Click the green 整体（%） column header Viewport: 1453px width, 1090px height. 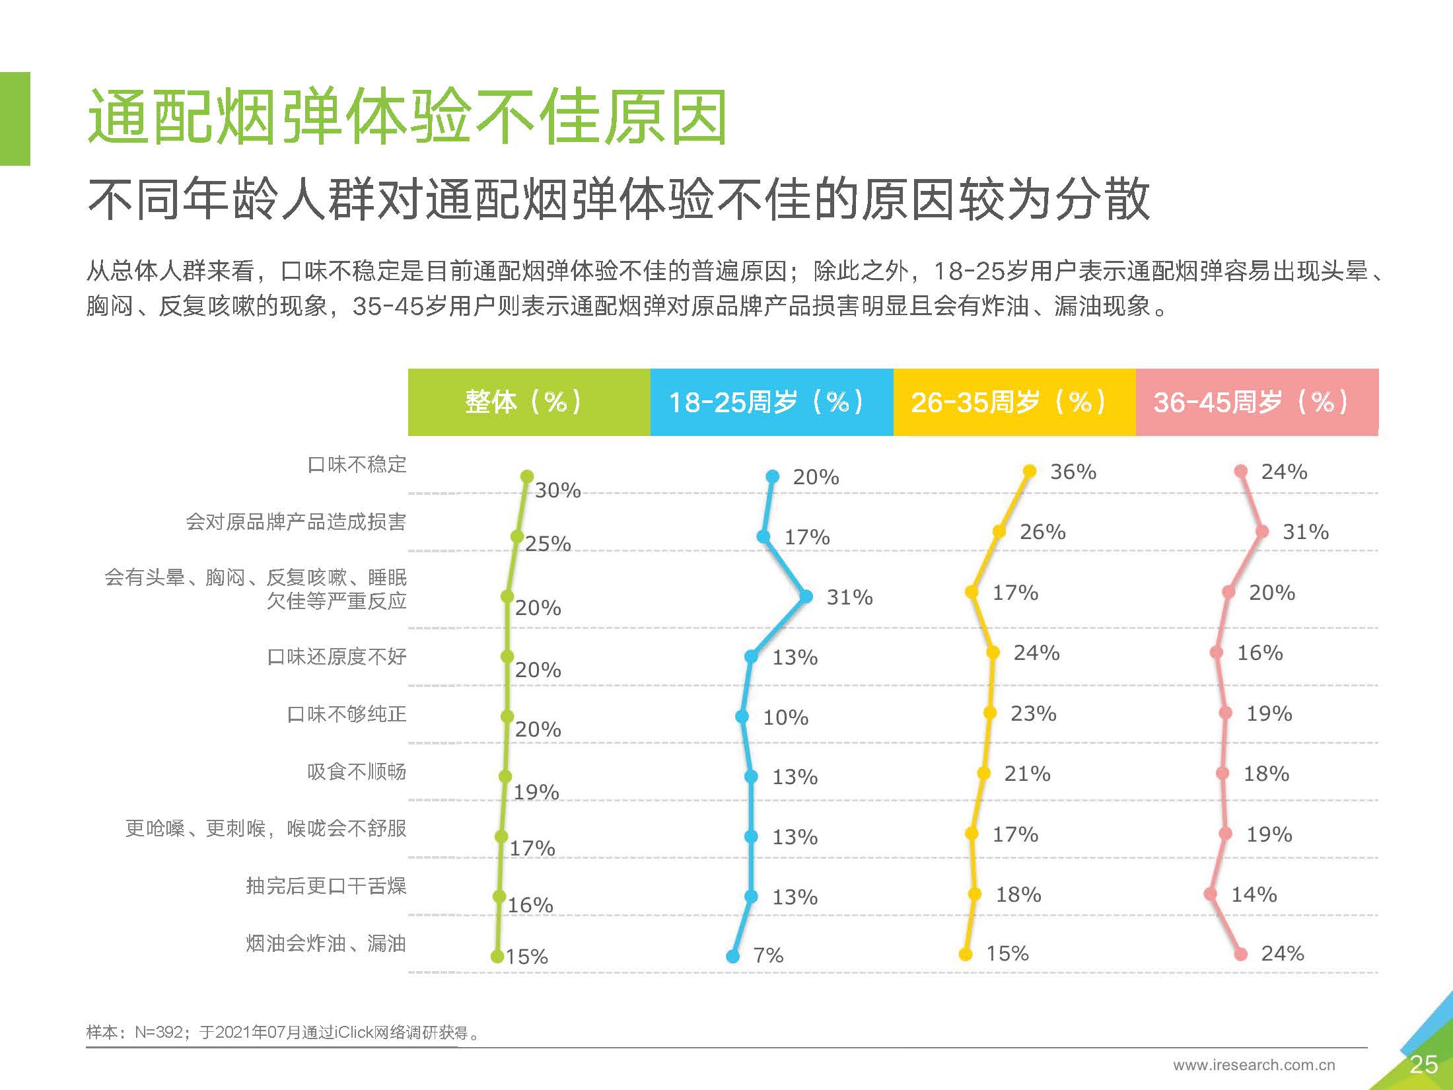529,402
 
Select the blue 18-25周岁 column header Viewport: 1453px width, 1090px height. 772,402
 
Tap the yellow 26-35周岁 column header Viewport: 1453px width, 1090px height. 1014,402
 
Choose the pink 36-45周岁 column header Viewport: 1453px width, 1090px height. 1258,402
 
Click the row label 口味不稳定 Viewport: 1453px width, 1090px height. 357,464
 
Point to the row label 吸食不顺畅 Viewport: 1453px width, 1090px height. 357,771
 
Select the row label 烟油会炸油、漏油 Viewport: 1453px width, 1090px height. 326,943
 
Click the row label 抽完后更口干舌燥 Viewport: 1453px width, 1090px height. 326,885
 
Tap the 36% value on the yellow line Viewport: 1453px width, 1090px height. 1073,472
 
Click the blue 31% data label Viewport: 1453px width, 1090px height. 850,597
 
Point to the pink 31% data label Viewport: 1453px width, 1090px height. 1306,532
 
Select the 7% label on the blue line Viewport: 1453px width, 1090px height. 769,955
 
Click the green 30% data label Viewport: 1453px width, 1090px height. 558,490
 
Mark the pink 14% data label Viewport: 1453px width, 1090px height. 1254,894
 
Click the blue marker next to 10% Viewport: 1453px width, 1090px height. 742,717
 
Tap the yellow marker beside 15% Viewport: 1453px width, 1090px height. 966,954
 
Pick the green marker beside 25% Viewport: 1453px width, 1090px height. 517,536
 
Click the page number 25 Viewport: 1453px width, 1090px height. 1423,1064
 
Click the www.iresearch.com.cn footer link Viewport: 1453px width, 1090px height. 1254,1065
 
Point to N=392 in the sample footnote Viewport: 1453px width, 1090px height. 159,1032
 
